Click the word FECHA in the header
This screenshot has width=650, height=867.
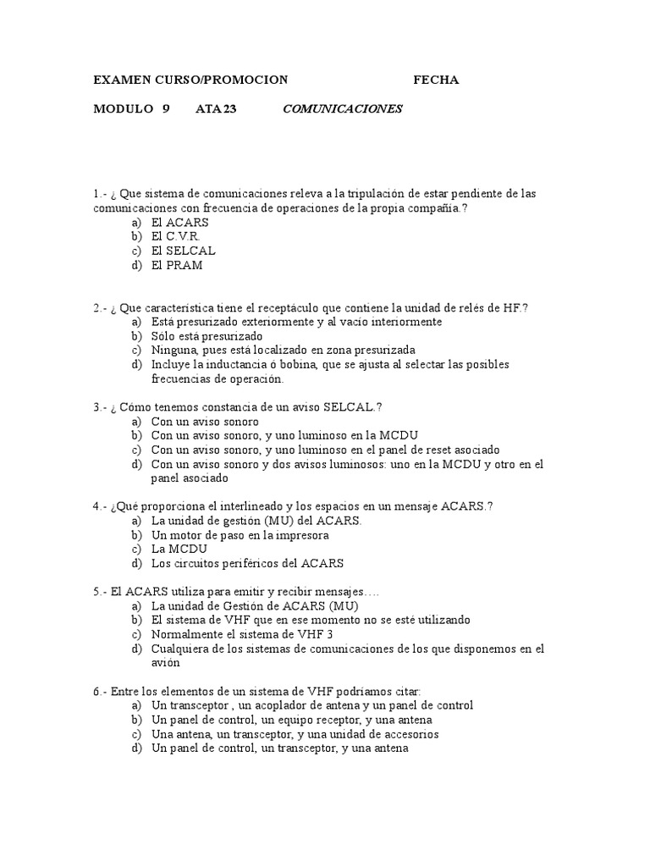coord(436,80)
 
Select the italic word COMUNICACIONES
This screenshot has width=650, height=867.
coord(342,108)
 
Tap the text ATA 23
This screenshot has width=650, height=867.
coord(216,108)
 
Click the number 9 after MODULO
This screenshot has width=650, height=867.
coord(166,108)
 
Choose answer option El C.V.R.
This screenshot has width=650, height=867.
coord(176,236)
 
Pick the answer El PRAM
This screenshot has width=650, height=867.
coord(177,265)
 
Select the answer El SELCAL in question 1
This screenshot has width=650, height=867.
coord(184,251)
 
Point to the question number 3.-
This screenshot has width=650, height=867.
coord(102,407)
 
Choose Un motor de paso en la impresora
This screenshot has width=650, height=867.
coord(240,535)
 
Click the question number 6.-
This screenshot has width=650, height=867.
coord(102,692)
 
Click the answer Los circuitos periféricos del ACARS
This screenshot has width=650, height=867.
coord(247,563)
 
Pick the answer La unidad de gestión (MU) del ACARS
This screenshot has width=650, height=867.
coord(256,521)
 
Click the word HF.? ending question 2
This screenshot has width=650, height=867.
coord(515,308)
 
